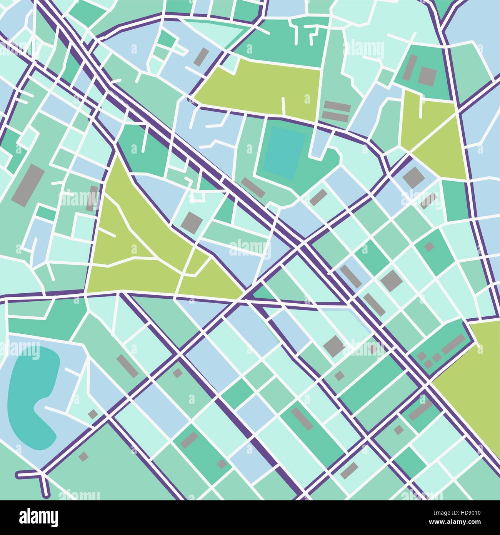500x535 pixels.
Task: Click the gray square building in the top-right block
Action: [x=427, y=76]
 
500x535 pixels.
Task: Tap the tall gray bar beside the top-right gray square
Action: [x=410, y=67]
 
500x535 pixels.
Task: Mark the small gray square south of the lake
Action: [x=83, y=456]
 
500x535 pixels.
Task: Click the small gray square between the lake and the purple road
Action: [x=93, y=414]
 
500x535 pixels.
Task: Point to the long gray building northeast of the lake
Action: [x=127, y=365]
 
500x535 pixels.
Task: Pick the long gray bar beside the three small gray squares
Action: [x=453, y=344]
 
